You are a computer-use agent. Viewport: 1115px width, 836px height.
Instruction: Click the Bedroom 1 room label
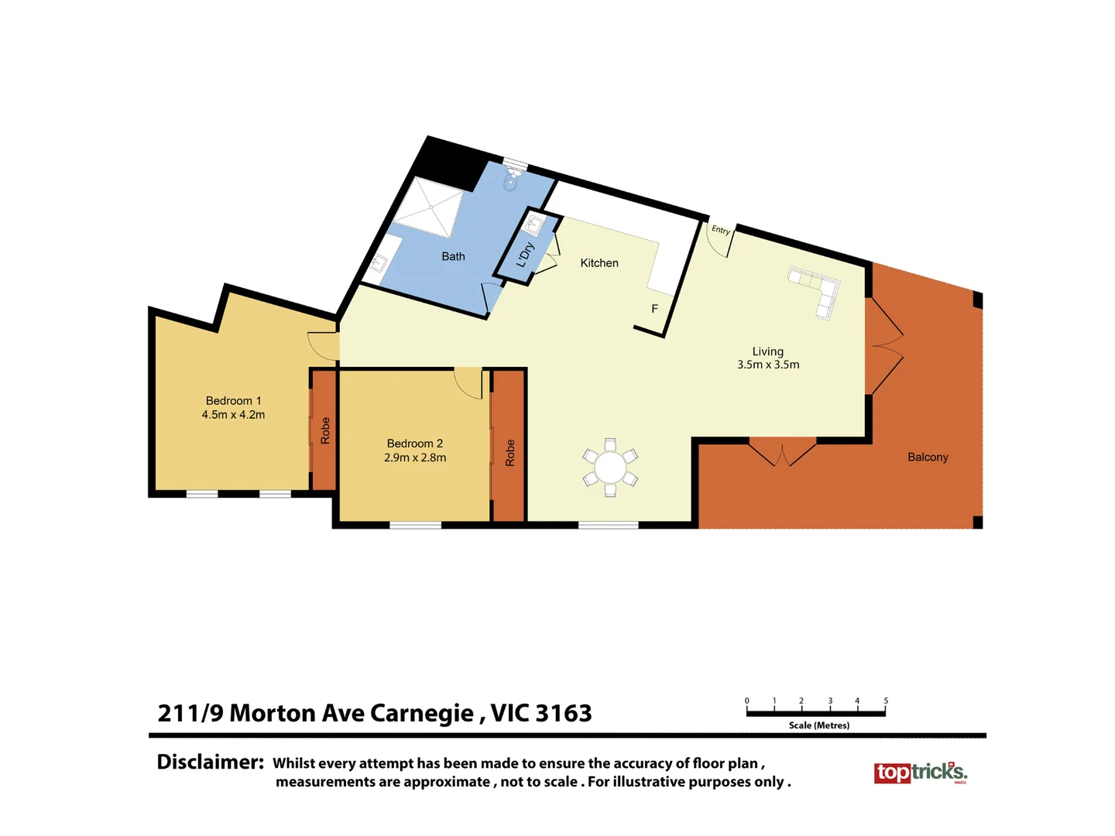(233, 401)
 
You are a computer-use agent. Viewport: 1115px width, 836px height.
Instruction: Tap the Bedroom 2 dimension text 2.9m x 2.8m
(415, 457)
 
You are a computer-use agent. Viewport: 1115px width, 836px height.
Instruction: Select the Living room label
(767, 351)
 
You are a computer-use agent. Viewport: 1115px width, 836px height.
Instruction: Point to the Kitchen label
(599, 263)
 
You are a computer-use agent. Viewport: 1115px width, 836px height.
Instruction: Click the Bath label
(453, 256)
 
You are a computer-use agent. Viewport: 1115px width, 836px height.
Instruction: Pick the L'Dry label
(525, 255)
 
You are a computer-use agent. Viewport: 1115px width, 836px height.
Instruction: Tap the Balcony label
(928, 457)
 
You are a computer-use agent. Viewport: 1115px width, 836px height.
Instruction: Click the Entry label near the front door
(721, 230)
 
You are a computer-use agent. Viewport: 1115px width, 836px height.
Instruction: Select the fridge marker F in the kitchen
(654, 309)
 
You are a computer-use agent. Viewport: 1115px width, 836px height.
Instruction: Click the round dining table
(610, 468)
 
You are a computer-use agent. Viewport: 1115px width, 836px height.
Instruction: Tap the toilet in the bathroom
(510, 180)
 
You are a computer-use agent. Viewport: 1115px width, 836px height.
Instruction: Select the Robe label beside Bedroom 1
(325, 430)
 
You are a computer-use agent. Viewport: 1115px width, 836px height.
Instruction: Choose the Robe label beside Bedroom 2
(509, 453)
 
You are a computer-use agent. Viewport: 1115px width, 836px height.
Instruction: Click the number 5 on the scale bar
(886, 701)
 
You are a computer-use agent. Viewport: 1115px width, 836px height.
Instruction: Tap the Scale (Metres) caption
(818, 725)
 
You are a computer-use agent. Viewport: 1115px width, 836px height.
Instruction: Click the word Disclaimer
(211, 762)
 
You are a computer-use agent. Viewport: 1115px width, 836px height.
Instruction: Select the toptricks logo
(920, 773)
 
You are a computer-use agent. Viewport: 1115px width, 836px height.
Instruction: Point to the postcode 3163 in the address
(563, 713)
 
